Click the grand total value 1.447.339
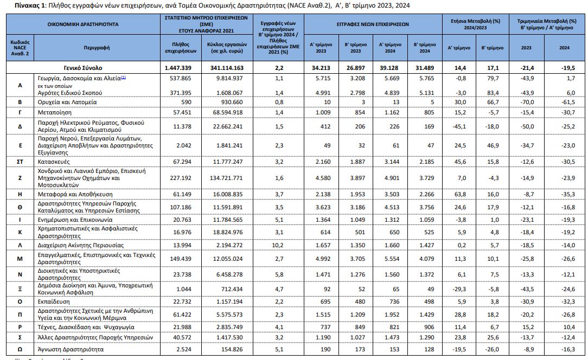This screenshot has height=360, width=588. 177,68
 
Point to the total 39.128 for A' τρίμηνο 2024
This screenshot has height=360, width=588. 389,68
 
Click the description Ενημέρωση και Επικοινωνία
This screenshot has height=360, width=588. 74,220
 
